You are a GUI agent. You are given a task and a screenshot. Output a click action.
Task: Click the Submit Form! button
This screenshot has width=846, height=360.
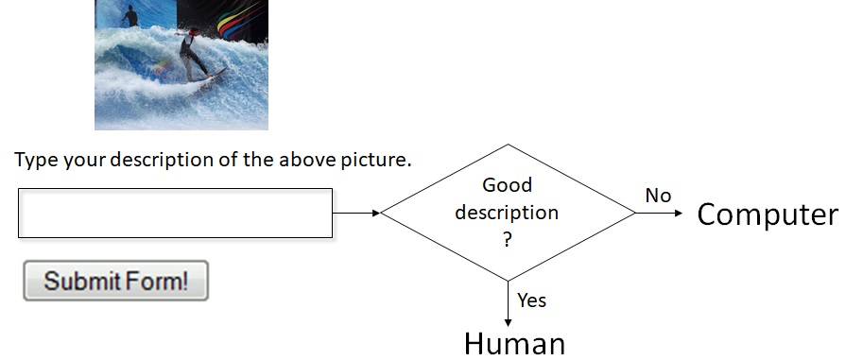(x=115, y=281)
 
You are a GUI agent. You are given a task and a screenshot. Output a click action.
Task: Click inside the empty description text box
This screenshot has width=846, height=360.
(x=175, y=213)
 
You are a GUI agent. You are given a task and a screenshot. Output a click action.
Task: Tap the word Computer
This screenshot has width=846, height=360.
(x=767, y=214)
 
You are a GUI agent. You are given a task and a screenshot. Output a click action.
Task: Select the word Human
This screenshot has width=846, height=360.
(x=514, y=342)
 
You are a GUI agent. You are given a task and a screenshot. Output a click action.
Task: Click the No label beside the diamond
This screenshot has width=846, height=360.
(x=658, y=196)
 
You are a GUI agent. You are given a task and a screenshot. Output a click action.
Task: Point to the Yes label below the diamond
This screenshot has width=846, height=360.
(x=532, y=300)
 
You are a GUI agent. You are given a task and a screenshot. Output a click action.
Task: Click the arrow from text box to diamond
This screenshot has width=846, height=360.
(x=356, y=213)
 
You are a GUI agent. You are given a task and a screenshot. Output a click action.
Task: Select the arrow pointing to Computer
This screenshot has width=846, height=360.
(x=658, y=213)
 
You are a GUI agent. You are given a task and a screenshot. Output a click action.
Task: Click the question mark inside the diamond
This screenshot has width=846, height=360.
(x=508, y=241)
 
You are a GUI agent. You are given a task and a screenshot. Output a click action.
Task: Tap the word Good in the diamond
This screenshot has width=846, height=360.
(x=508, y=184)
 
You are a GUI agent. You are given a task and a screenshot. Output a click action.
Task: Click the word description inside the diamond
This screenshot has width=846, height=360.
(x=507, y=213)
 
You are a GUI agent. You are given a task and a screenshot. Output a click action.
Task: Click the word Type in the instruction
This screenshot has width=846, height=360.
(x=36, y=159)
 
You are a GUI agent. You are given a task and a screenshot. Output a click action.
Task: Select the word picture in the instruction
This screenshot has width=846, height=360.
(x=376, y=159)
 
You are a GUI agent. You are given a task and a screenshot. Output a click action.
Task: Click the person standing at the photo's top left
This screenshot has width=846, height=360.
(x=129, y=16)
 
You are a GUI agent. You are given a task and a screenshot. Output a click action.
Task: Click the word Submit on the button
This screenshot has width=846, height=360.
(x=80, y=281)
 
